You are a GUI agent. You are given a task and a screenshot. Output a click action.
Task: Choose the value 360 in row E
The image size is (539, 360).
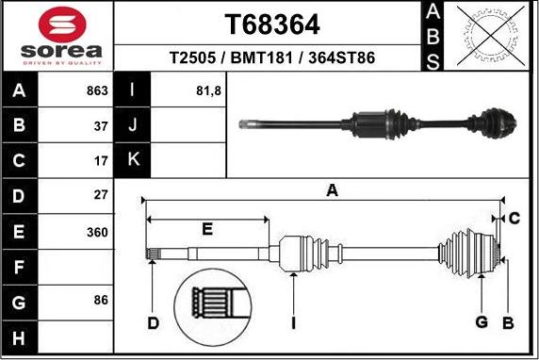98,232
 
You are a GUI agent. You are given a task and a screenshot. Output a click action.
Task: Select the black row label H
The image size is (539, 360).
20,336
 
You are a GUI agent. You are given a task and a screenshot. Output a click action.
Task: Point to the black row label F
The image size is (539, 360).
20,267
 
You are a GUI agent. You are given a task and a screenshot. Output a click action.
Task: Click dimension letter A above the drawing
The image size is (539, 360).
332,191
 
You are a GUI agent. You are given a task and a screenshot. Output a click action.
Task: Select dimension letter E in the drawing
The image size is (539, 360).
207,229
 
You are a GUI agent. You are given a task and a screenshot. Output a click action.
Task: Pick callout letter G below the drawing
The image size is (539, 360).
482,323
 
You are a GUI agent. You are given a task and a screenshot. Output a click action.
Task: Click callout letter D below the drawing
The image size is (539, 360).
153,324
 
